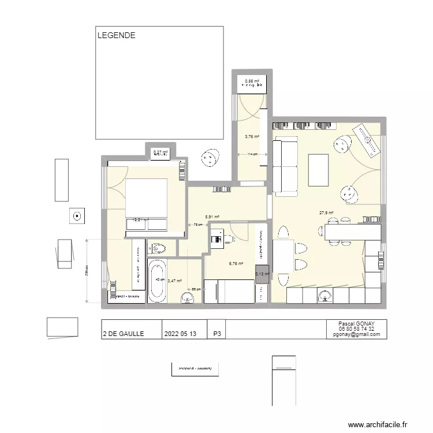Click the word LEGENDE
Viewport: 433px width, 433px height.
[x=117, y=35]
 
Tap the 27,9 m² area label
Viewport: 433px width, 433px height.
[x=326, y=213]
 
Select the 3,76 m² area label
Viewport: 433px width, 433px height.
[x=252, y=137]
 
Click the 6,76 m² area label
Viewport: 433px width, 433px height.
[x=236, y=263]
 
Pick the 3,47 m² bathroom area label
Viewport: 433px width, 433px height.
[x=174, y=281]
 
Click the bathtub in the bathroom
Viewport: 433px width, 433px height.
[x=157, y=281]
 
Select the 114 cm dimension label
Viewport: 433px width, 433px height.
[x=252, y=155]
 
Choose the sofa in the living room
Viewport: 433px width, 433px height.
[x=285, y=166]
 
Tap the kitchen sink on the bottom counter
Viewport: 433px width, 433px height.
[x=324, y=296]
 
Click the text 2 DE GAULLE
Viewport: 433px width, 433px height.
[x=124, y=334]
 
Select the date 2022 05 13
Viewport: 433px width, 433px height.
[x=180, y=334]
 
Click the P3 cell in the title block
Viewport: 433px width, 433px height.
[x=217, y=334]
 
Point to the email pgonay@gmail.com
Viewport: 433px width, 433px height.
[x=356, y=334]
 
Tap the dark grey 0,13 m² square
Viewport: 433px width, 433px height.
[x=262, y=275]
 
